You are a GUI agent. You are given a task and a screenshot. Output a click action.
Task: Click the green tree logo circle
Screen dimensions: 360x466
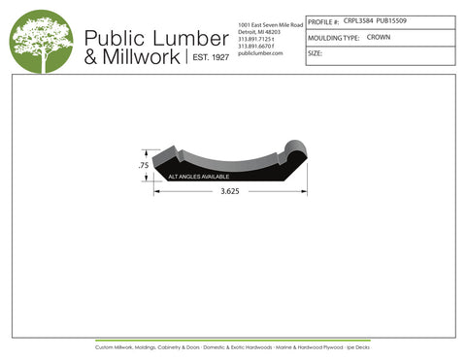[42, 41]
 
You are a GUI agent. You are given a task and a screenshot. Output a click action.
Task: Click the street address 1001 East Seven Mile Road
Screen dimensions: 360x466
[269, 23]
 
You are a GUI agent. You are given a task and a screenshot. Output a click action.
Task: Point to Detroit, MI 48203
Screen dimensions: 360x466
[258, 31]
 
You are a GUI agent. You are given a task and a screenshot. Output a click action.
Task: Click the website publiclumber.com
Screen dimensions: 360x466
[259, 53]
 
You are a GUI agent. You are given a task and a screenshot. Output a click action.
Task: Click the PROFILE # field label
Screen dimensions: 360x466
[322, 21]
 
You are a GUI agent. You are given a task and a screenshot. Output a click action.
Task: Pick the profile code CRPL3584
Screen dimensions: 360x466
[358, 20]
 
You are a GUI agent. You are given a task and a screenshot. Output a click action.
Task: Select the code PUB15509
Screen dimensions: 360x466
[393, 20]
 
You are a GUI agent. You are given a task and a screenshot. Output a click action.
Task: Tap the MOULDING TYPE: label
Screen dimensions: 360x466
[333, 38]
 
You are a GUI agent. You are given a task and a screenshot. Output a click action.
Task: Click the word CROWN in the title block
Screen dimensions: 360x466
[379, 37]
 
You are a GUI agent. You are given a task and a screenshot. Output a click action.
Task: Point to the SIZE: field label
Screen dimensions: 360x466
[315, 53]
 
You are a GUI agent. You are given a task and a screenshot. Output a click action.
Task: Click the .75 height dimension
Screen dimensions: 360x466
[143, 166]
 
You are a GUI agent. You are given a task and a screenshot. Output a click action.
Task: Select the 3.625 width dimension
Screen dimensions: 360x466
[230, 192]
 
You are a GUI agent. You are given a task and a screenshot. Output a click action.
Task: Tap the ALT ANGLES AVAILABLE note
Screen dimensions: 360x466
[199, 178]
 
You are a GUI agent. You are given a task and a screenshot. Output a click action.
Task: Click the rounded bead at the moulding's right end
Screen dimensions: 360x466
[293, 153]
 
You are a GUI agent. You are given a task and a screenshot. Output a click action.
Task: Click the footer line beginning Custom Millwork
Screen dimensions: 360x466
[233, 346]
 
